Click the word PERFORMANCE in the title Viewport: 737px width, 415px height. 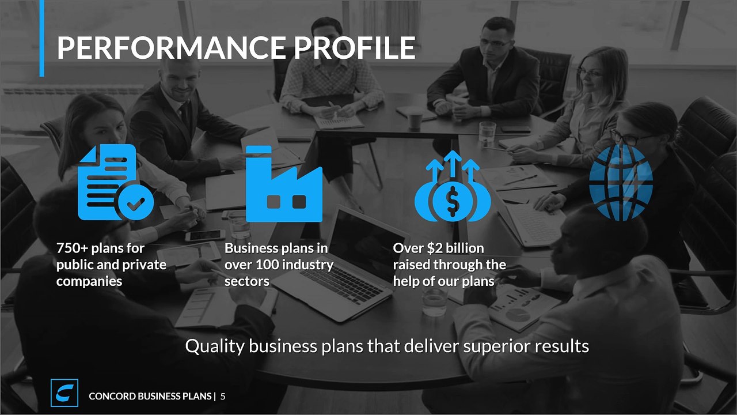click(x=172, y=47)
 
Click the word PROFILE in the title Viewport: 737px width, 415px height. click(x=355, y=47)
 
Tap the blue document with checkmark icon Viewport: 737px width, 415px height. click(x=116, y=182)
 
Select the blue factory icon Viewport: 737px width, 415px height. click(x=284, y=183)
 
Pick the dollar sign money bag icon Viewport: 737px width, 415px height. click(x=453, y=186)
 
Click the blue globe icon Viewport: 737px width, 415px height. click(x=621, y=183)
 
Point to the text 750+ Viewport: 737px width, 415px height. click(x=72, y=248)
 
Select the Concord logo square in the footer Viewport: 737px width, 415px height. click(x=64, y=393)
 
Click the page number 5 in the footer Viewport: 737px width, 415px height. click(x=223, y=396)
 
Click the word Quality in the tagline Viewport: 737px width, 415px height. click(x=215, y=346)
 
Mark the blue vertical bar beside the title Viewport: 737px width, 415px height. click(x=42, y=39)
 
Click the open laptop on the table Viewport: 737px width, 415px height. click(x=341, y=264)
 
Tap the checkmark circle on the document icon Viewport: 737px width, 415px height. click(x=136, y=202)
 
